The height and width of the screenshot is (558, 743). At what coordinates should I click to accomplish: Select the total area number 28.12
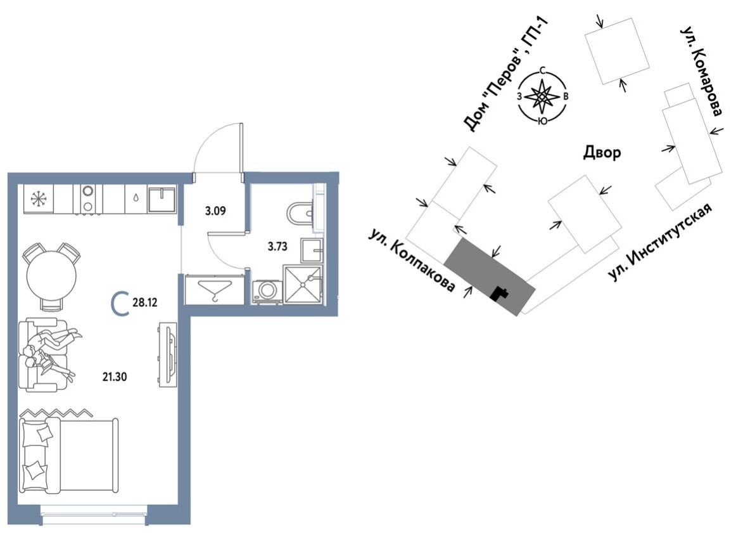[x=144, y=302]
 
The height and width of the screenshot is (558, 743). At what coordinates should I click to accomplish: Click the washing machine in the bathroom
[x=267, y=290]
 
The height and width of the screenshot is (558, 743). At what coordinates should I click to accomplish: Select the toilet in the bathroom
[x=300, y=214]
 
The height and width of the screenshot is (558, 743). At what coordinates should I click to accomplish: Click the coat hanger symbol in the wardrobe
[x=214, y=290]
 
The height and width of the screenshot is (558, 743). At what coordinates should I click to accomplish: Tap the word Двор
[x=601, y=153]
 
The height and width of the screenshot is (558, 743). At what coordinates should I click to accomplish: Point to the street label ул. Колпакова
[x=411, y=260]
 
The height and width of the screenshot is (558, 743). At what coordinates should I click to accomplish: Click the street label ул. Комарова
[x=701, y=71]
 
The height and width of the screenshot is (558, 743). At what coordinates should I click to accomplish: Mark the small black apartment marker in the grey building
[x=502, y=292]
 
